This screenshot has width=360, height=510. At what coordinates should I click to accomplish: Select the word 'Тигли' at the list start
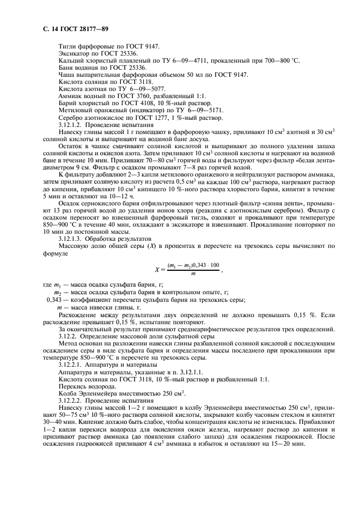point(66,47)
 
